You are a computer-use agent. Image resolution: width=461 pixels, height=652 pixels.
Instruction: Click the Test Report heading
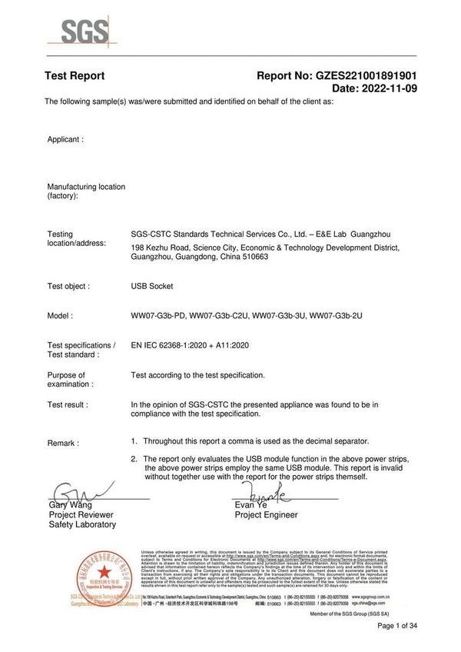[x=75, y=76]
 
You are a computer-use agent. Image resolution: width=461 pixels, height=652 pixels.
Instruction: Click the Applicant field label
[x=65, y=140]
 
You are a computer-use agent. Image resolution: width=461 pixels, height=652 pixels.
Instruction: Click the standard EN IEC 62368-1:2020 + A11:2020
[x=191, y=346]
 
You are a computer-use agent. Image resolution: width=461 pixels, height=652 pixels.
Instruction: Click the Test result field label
[x=68, y=404]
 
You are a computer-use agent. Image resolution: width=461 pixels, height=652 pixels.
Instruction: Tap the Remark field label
[x=63, y=444]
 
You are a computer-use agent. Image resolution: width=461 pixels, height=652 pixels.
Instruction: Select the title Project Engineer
[x=267, y=515]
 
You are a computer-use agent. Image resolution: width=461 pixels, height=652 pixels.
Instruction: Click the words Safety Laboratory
[x=82, y=524]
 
